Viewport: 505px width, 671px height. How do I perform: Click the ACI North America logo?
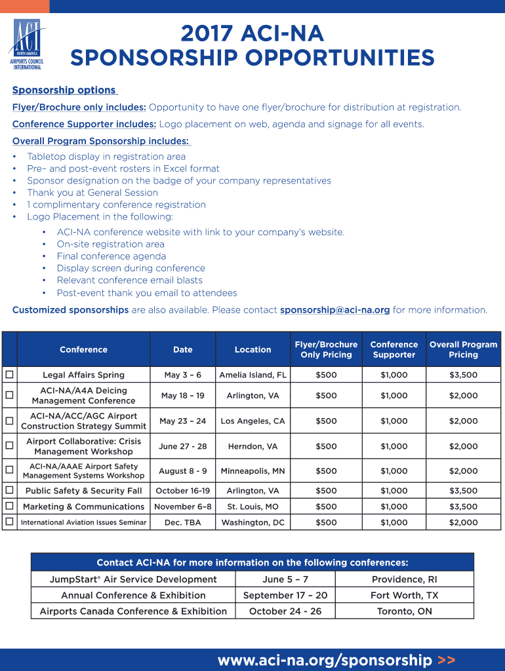pyautogui.click(x=26, y=45)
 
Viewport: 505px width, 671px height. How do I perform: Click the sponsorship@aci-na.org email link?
pyautogui.click(x=334, y=310)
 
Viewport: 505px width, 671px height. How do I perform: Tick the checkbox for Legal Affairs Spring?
pyautogui.click(x=9, y=375)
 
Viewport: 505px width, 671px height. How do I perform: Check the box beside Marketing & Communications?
pyautogui.click(x=9, y=506)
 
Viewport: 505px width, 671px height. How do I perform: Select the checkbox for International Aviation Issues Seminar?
pyautogui.click(x=9, y=522)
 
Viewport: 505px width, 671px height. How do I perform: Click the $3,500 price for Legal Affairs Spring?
pyautogui.click(x=463, y=375)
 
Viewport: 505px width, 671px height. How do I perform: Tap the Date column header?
pyautogui.click(x=182, y=349)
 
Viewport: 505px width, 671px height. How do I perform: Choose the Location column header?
pyautogui.click(x=253, y=349)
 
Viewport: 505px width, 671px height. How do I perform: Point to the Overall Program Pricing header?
pyautogui.click(x=463, y=349)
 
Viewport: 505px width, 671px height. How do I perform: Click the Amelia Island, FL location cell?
pyautogui.click(x=253, y=375)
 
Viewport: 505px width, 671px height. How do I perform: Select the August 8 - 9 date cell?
pyautogui.click(x=182, y=470)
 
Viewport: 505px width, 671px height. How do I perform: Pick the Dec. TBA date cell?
pyautogui.click(x=182, y=522)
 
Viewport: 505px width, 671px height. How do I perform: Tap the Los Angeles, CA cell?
pyautogui.click(x=253, y=421)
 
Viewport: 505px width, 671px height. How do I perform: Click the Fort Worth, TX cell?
pyautogui.click(x=404, y=595)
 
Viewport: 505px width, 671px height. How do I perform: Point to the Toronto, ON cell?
pyautogui.click(x=404, y=611)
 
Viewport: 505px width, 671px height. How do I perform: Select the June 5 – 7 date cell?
pyautogui.click(x=285, y=579)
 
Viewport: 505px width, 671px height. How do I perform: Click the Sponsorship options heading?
pyautogui.click(x=64, y=90)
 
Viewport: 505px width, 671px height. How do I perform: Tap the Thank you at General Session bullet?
pyautogui.click(x=92, y=193)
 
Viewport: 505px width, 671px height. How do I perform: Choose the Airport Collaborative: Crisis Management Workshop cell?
pyautogui.click(x=83, y=446)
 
